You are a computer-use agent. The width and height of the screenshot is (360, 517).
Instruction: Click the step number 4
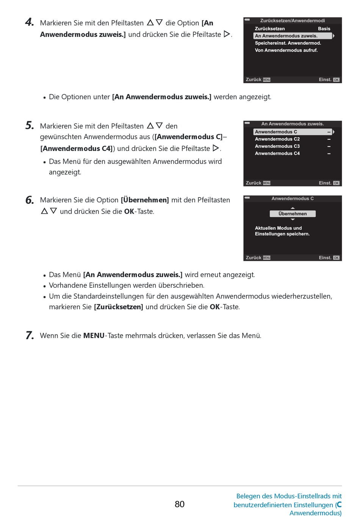[x=29, y=22]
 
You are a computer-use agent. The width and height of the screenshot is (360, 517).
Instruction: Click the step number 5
[x=30, y=125]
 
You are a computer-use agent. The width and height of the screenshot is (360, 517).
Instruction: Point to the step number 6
[x=30, y=200]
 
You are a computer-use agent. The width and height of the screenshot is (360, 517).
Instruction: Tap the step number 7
[x=30, y=335]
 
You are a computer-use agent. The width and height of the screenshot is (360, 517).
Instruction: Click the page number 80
[x=180, y=504]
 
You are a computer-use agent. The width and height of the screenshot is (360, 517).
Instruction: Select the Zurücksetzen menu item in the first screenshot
[x=270, y=29]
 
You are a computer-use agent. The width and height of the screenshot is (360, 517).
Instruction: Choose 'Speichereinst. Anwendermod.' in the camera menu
[x=288, y=43]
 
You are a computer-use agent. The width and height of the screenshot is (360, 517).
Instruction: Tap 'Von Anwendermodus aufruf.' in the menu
[x=286, y=50]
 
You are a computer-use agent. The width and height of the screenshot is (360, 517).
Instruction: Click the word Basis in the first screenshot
[x=324, y=29]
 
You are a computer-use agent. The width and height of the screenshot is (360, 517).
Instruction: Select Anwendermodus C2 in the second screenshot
[x=277, y=139]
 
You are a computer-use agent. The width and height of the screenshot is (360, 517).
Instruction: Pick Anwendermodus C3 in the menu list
[x=277, y=146]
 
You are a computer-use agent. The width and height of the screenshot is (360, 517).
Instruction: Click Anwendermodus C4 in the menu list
[x=277, y=154]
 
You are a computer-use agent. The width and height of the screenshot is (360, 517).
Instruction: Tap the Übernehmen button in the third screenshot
[x=293, y=214]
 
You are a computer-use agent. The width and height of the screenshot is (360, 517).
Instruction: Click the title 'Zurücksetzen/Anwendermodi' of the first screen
[x=292, y=21]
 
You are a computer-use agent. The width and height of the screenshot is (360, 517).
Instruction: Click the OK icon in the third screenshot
[x=336, y=258]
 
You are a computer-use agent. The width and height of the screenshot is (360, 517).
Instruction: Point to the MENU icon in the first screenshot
[x=266, y=80]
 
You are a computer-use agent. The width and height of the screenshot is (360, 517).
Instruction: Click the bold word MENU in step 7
[x=94, y=336]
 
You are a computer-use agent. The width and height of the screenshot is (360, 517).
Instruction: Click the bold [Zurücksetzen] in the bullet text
[x=119, y=307]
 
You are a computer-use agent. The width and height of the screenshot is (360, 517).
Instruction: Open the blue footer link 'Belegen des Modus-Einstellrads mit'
[x=289, y=496]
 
